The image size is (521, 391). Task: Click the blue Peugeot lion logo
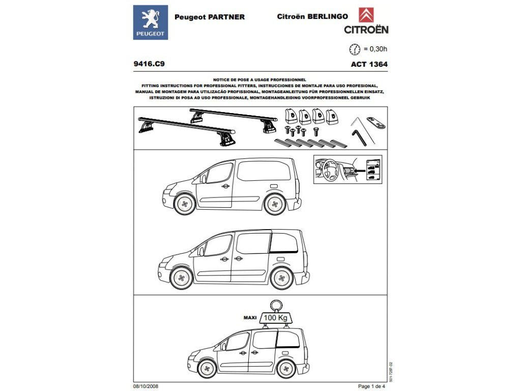point(150,22)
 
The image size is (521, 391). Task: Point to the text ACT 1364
point(369,65)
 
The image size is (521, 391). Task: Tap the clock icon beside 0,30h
point(354,49)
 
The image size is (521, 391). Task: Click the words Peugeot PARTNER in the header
point(210,17)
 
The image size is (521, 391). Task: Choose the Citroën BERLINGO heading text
point(312,16)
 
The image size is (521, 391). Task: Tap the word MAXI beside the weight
point(250,317)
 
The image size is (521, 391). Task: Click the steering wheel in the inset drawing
point(328,170)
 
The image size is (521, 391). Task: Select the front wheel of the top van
point(184,204)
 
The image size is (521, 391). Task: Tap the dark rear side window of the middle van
point(283,244)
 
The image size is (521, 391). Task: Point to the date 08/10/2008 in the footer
point(146,386)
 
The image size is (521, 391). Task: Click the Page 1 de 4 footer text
point(372,386)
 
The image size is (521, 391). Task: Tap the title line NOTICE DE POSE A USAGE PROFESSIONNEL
point(259,80)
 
